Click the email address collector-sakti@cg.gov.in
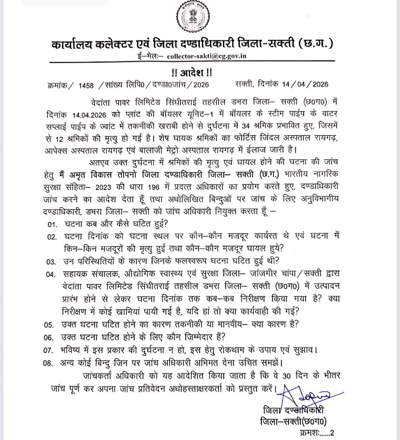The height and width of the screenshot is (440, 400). point(207,56)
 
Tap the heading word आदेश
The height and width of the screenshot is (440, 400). point(192,73)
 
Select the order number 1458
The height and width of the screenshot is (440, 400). point(86,85)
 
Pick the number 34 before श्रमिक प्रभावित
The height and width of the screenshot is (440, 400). point(246,126)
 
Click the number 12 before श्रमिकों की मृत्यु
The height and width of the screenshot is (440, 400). point(59,138)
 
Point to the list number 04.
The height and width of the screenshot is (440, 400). point(51,274)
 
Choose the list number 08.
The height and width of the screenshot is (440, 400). point(48,363)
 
